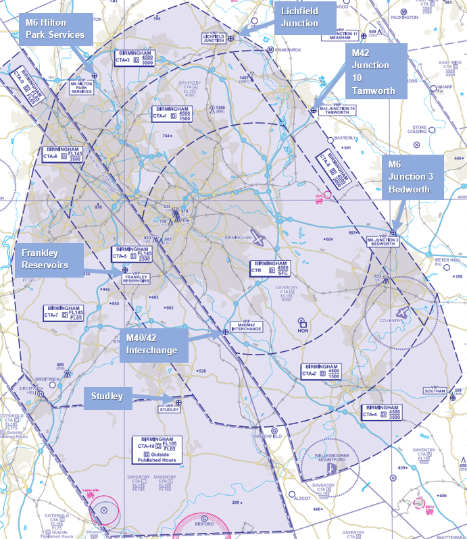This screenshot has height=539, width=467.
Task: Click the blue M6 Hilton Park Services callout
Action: click(x=55, y=28)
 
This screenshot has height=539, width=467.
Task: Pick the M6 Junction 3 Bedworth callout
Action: click(x=413, y=175)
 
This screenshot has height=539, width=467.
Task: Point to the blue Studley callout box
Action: click(x=108, y=396)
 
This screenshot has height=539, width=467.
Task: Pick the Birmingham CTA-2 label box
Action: click(x=321, y=372)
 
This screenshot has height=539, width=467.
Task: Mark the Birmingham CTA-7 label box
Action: click(x=63, y=313)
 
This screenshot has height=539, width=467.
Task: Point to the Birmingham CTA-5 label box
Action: click(x=132, y=255)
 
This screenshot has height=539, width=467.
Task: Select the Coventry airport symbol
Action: click(x=403, y=312)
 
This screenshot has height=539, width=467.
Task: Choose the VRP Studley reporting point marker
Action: click(x=178, y=403)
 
